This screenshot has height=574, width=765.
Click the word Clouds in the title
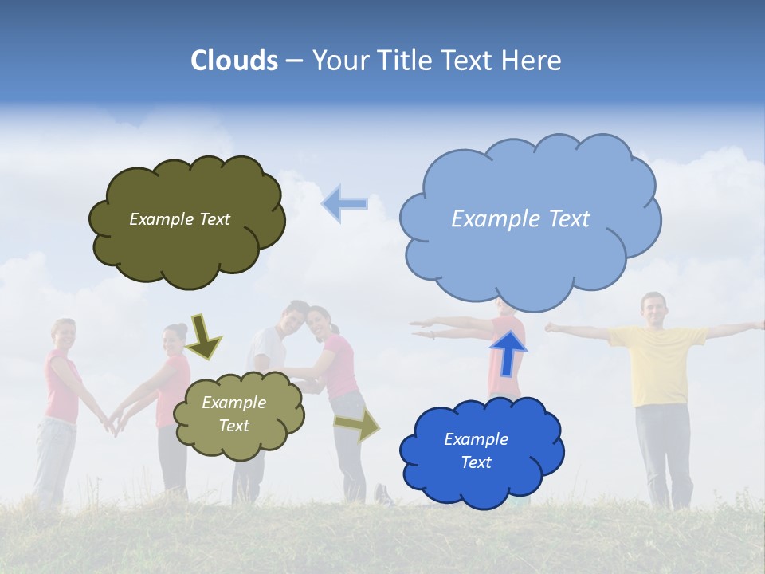pyautogui.click(x=234, y=61)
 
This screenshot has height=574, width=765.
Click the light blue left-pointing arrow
pyautogui.click(x=344, y=203)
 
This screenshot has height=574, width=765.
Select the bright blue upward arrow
pyautogui.click(x=508, y=352)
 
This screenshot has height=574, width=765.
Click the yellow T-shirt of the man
pyautogui.click(x=657, y=363)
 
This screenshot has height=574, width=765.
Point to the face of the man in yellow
pyautogui.click(x=653, y=309)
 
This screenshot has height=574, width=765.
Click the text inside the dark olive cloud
pyautogui.click(x=179, y=219)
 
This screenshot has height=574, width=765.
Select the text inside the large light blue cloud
pyautogui.click(x=520, y=218)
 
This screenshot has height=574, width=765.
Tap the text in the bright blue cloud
pyautogui.click(x=476, y=450)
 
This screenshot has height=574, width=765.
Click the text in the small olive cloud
pyautogui.click(x=234, y=414)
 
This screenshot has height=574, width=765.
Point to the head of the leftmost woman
pyautogui.click(x=63, y=332)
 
